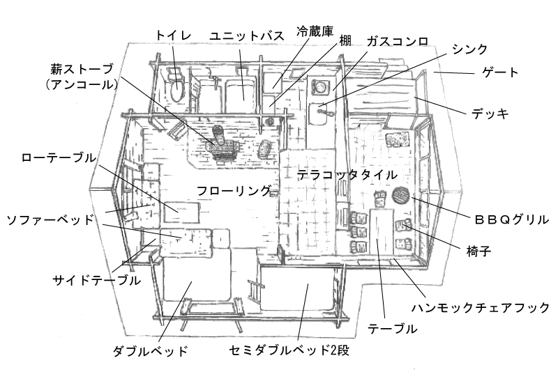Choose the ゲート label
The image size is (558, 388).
(500, 72)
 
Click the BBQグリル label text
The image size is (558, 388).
(512, 219)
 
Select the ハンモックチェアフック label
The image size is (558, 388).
(481, 307)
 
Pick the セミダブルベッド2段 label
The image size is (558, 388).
(289, 350)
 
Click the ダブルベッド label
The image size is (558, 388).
(150, 350)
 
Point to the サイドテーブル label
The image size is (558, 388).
(96, 280)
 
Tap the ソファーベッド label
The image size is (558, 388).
(49, 221)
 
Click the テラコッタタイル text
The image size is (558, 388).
(347, 174)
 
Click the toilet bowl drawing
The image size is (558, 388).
(177, 90)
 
